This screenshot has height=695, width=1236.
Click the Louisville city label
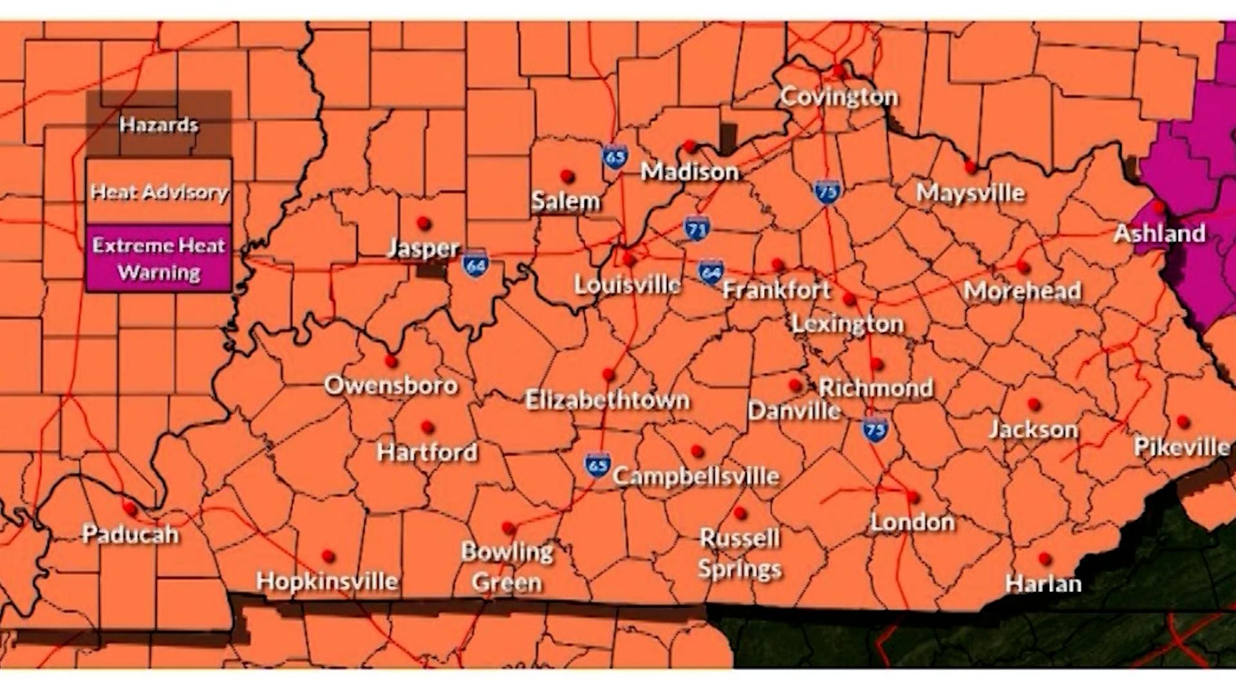(x=627, y=284)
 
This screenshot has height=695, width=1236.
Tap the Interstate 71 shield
(x=697, y=228)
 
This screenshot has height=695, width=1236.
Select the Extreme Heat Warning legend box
(x=159, y=259)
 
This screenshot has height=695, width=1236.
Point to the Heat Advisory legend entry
(x=159, y=192)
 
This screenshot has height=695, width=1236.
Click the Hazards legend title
(x=159, y=124)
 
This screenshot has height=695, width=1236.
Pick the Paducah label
(x=131, y=534)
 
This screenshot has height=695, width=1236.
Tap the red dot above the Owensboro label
(x=391, y=360)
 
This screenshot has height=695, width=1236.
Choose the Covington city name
(x=839, y=97)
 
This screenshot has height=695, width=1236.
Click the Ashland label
(x=1159, y=233)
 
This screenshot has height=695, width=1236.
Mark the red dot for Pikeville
(x=1183, y=422)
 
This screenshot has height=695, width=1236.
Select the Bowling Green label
(x=507, y=567)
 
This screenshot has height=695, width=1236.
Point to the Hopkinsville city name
(x=327, y=581)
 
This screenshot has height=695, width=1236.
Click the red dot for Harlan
(x=1045, y=559)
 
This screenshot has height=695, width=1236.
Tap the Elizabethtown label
(x=607, y=400)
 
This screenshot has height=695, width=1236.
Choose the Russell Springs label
(x=740, y=553)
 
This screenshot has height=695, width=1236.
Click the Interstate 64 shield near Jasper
(x=475, y=264)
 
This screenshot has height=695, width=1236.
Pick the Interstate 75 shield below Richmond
(x=875, y=429)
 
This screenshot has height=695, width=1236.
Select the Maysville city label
(x=970, y=192)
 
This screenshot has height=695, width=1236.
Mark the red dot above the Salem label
(x=567, y=176)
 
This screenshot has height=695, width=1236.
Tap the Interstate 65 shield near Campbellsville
(x=597, y=465)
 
